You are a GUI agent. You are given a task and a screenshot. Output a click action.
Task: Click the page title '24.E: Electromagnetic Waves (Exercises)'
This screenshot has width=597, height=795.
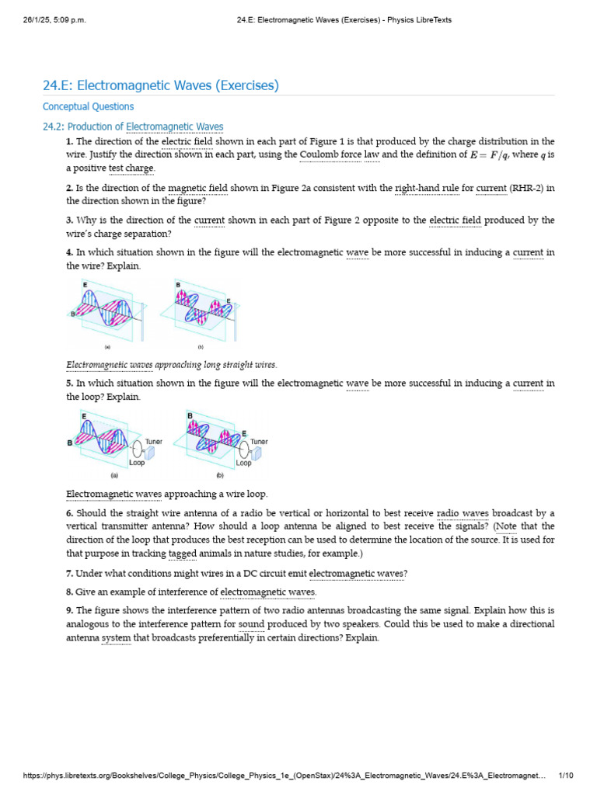160,85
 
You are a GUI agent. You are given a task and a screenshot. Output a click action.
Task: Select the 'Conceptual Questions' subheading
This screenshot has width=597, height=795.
88,107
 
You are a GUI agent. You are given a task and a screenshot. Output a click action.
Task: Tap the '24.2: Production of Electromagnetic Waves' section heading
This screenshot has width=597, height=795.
133,127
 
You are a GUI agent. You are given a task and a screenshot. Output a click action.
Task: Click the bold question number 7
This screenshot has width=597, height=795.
69,574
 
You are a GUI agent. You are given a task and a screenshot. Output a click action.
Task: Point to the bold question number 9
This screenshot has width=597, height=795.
69,610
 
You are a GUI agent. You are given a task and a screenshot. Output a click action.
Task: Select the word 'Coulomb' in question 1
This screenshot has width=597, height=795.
319,154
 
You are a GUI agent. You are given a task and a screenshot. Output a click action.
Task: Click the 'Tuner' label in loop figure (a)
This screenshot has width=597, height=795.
153,442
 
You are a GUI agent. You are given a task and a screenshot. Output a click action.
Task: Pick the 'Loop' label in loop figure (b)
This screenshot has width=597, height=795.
243,463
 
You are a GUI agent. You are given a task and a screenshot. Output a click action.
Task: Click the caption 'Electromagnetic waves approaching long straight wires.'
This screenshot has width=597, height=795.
171,365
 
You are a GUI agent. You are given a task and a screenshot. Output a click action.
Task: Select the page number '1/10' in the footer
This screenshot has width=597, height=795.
566,776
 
